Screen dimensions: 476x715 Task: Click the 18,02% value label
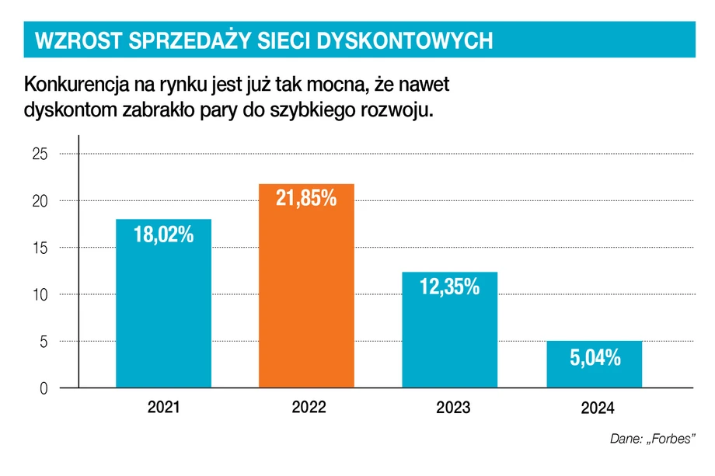pyautogui.click(x=163, y=234)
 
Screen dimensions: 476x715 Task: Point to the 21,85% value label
pyautogui.click(x=306, y=199)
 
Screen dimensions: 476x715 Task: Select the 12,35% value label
pyautogui.click(x=449, y=287)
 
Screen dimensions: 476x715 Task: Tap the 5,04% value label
pyautogui.click(x=594, y=358)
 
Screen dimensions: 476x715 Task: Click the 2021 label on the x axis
pyautogui.click(x=163, y=406)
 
